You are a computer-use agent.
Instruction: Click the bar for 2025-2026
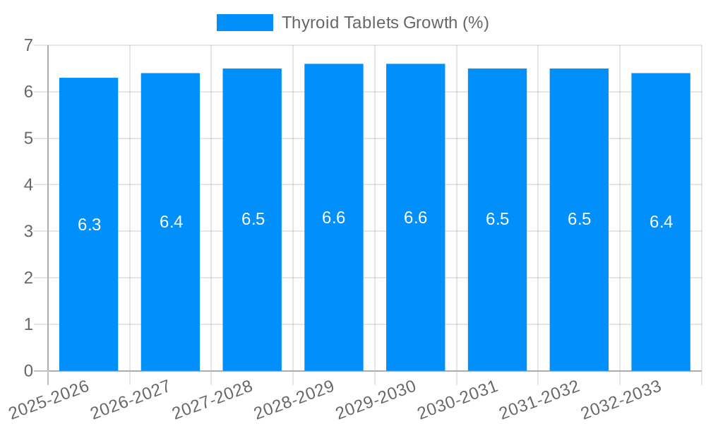pos(88,297)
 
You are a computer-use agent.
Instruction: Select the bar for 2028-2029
pos(334,297)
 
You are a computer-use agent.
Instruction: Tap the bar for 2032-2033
pos(661,297)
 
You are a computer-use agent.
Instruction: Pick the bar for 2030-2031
pos(497,297)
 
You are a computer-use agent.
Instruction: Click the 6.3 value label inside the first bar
pos(89,225)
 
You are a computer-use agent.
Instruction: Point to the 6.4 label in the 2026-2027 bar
pos(171,222)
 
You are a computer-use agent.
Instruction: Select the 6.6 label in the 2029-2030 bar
pos(416,218)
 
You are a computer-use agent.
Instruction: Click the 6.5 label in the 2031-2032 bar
pos(579,219)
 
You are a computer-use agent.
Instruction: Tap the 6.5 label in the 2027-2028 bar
pos(253,219)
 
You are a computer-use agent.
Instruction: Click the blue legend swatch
pos(244,23)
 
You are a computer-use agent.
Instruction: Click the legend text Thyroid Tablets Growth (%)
pos(385,23)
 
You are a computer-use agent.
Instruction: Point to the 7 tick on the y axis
pos(29,45)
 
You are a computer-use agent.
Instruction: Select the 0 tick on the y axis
pos(29,371)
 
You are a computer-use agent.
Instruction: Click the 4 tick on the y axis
pos(29,185)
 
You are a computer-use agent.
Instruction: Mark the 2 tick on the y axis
pos(29,278)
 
